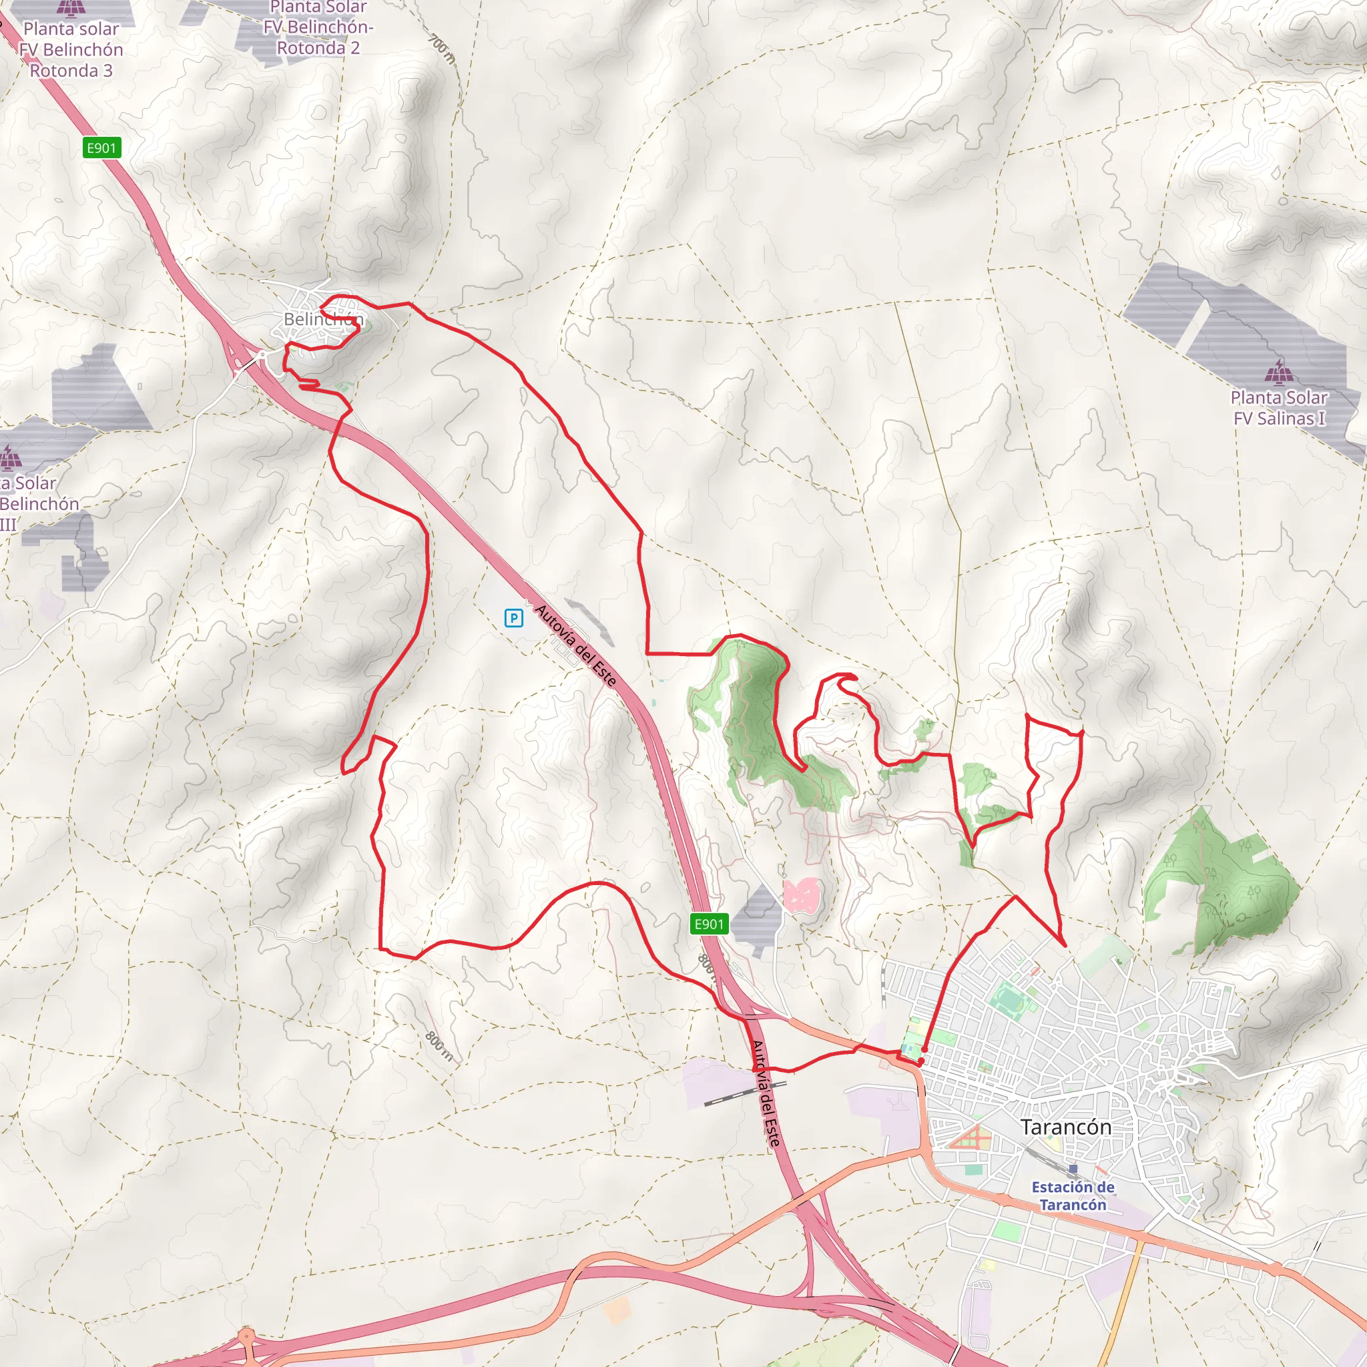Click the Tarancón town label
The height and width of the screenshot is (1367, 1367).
pyautogui.click(x=1065, y=1127)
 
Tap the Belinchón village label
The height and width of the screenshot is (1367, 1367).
pyautogui.click(x=323, y=319)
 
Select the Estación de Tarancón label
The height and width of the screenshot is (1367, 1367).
pyautogui.click(x=1073, y=1195)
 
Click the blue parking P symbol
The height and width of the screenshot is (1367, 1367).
pyautogui.click(x=514, y=617)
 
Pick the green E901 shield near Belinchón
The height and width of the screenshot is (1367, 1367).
pyautogui.click(x=102, y=148)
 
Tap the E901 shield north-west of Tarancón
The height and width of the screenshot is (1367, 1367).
pyautogui.click(x=709, y=923)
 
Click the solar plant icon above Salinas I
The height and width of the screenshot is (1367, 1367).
pyautogui.click(x=1278, y=370)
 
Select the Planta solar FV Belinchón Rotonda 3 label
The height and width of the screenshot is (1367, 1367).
pyautogui.click(x=71, y=49)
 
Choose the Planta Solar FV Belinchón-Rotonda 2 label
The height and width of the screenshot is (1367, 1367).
pyautogui.click(x=318, y=28)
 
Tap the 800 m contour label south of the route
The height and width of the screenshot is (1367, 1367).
pyautogui.click(x=439, y=1046)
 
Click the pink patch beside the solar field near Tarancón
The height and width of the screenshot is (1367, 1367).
pyautogui.click(x=801, y=894)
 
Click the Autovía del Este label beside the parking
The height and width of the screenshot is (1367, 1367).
pyautogui.click(x=576, y=645)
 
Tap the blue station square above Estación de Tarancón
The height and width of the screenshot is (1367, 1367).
pyautogui.click(x=1073, y=1169)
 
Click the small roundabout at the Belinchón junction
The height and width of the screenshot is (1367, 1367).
pyautogui.click(x=262, y=354)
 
